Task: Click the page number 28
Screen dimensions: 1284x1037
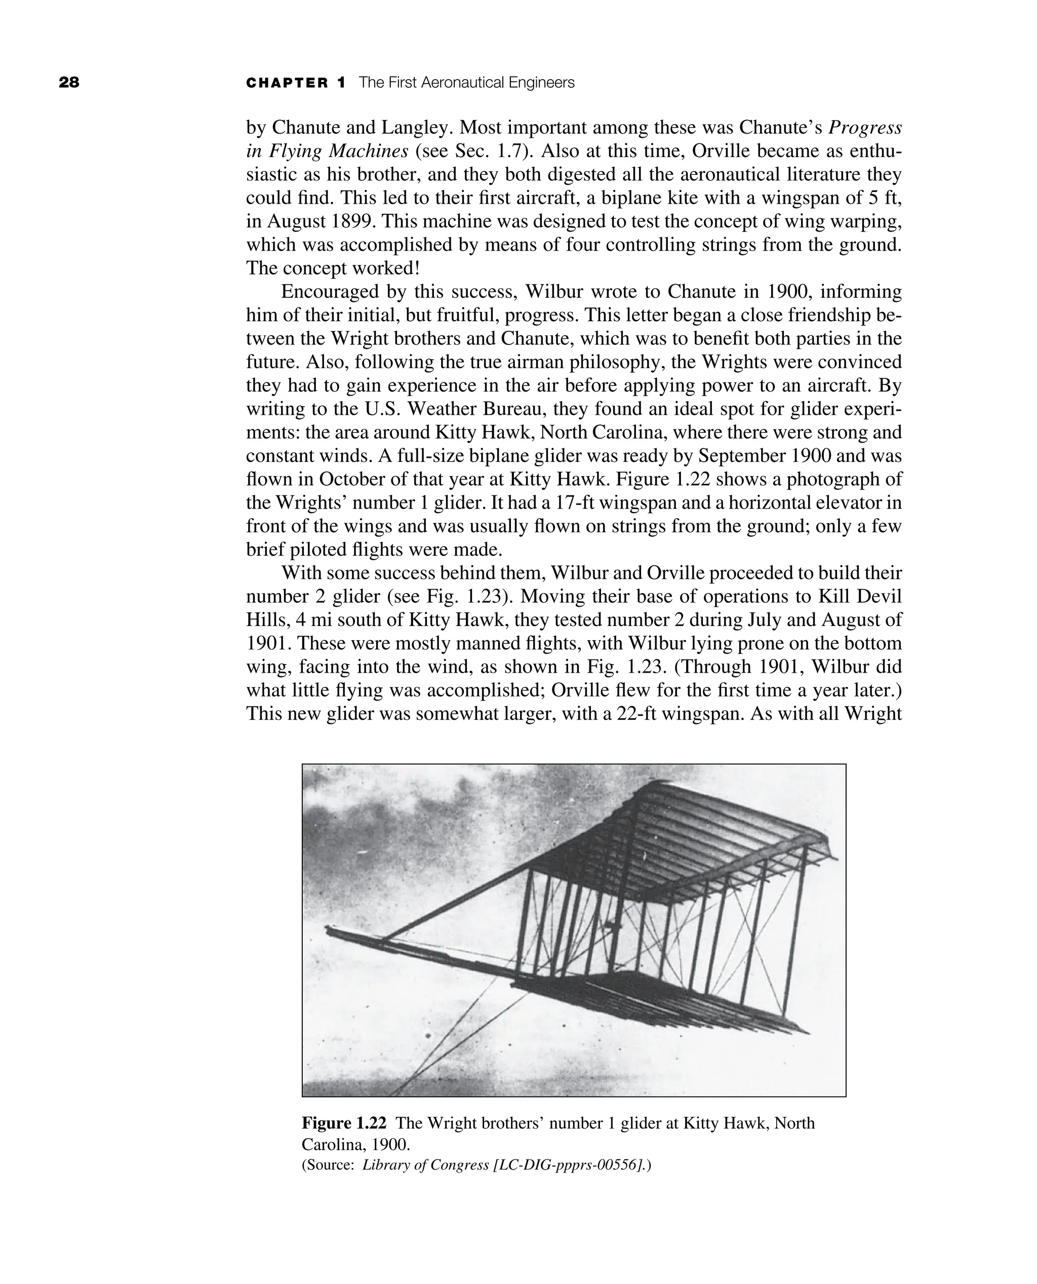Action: (x=69, y=83)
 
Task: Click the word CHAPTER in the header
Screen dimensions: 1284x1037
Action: (x=287, y=83)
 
